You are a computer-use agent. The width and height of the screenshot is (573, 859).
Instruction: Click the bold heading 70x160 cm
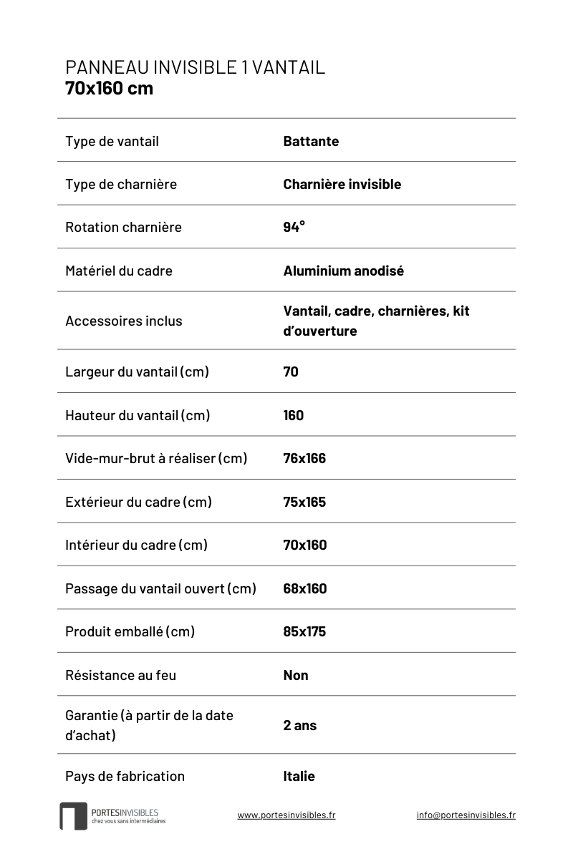[109, 89]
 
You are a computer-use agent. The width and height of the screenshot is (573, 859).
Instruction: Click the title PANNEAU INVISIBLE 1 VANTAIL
[195, 67]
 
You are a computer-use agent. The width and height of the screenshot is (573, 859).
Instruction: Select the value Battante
[311, 141]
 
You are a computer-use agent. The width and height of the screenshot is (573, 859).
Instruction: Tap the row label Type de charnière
[120, 184]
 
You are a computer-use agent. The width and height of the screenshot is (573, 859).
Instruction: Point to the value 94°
[294, 227]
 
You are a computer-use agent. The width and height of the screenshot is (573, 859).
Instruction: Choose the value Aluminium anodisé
[343, 271]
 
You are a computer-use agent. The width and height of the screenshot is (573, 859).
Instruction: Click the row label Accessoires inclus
[123, 321]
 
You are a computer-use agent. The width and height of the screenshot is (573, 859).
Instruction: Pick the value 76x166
[304, 458]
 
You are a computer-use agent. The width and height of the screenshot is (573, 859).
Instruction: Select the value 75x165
[304, 502]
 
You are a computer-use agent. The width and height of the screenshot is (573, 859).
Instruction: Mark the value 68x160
[304, 588]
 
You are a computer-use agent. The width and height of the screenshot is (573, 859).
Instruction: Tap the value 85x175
[304, 631]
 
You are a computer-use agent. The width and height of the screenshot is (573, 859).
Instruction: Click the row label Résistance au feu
[120, 675]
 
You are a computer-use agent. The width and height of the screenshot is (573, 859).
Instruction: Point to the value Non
[296, 675]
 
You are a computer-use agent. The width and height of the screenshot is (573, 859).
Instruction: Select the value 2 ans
[299, 725]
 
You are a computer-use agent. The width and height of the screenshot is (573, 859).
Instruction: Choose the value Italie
[299, 776]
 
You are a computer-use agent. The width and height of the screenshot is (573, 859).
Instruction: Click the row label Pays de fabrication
[125, 776]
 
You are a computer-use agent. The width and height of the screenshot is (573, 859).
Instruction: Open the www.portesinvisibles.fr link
[286, 815]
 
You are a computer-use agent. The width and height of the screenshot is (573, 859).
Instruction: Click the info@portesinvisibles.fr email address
[466, 815]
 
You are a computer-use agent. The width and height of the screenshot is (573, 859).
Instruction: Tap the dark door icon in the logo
[73, 816]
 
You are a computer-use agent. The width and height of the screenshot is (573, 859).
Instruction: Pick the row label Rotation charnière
[123, 227]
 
